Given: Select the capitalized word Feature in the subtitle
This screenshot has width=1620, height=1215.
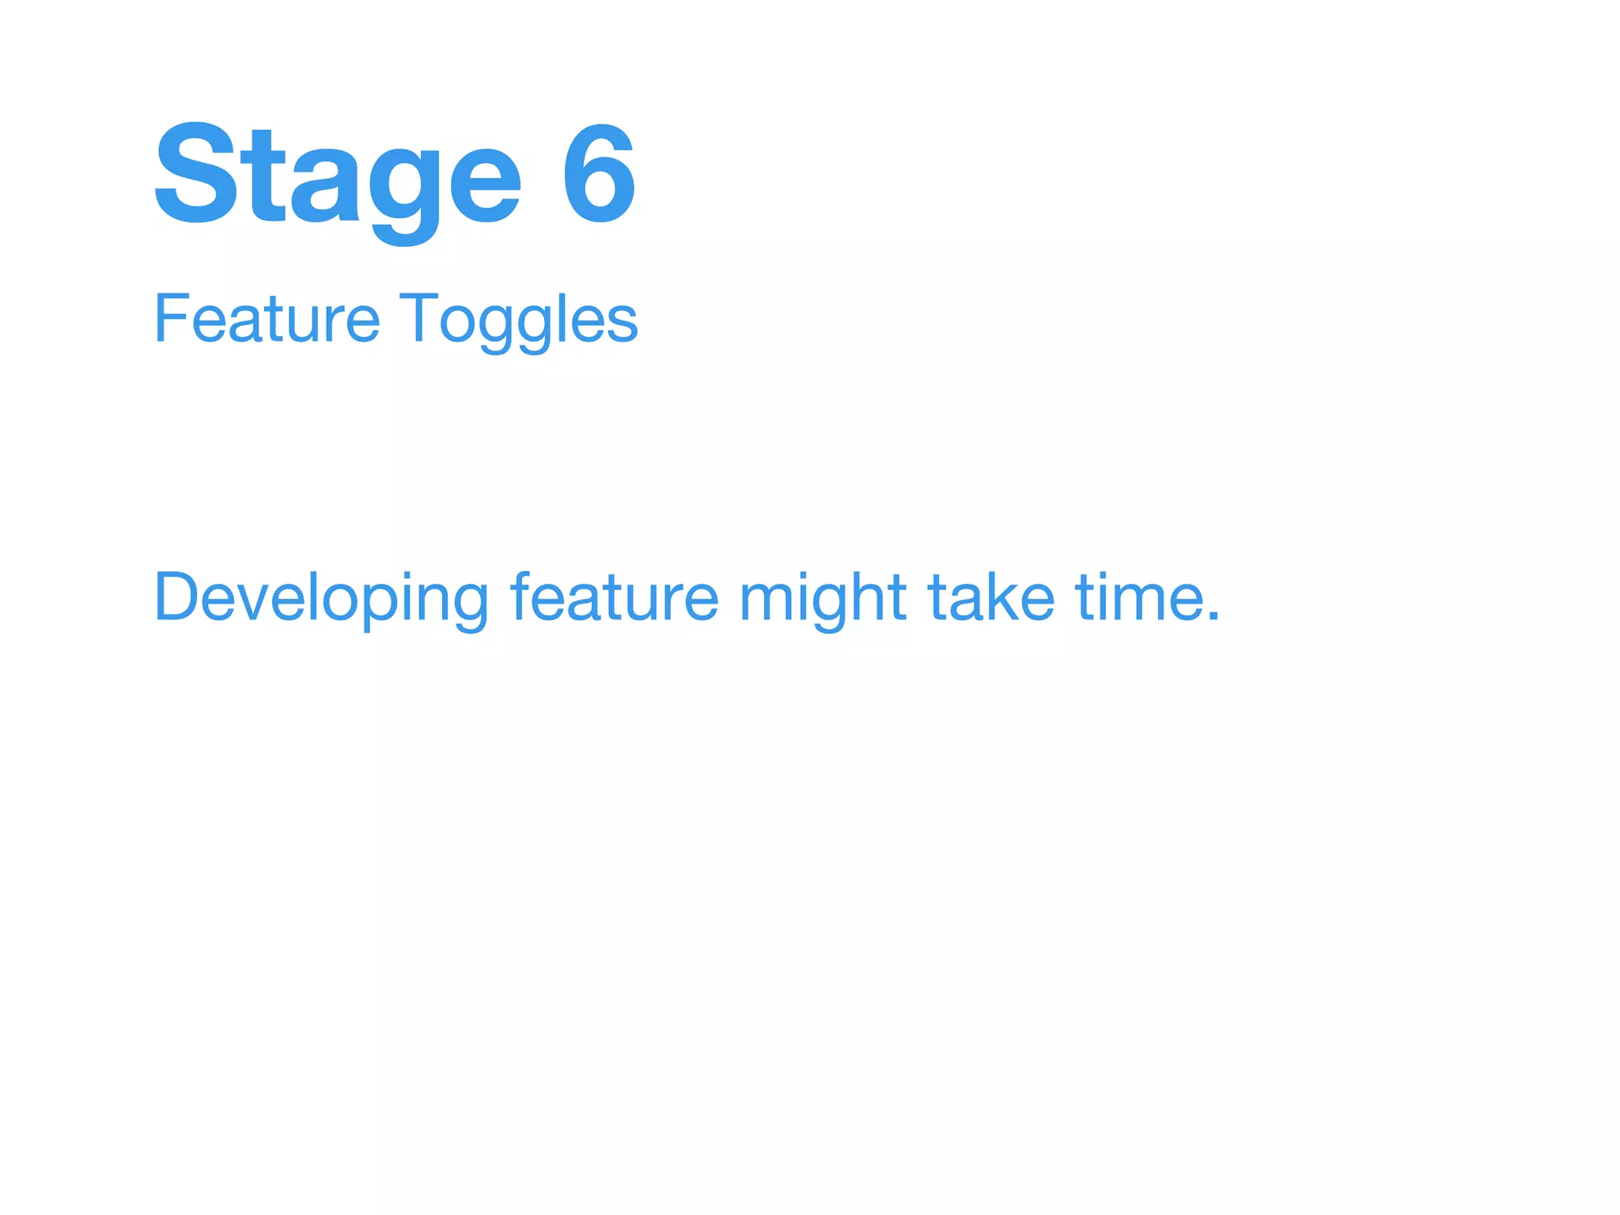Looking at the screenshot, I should coord(267,319).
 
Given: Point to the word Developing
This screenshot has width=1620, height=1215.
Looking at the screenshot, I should coord(320,598).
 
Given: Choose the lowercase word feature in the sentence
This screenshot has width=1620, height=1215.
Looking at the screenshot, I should coord(614,598).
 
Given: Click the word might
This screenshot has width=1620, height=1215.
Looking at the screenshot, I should coord(822,598).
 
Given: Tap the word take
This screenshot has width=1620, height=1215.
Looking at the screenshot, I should coord(990,598).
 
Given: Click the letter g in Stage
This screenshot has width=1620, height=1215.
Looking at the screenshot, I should coord(403,186).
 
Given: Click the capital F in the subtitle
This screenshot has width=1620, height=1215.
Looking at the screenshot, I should coord(169,319).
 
